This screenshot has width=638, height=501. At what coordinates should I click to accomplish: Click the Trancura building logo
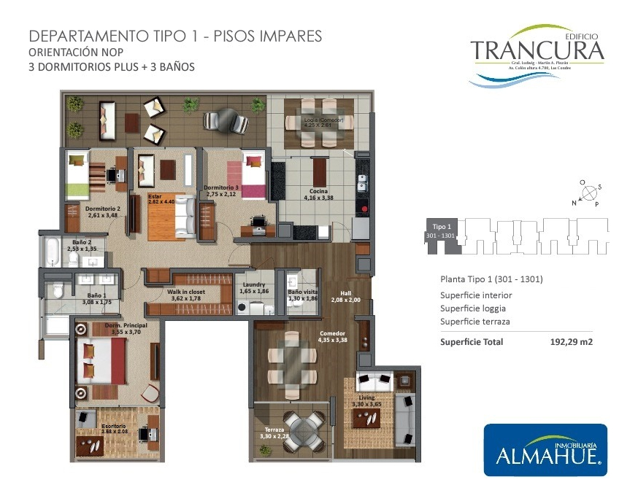tap(537, 53)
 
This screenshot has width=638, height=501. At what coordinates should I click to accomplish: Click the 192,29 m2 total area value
tap(570, 341)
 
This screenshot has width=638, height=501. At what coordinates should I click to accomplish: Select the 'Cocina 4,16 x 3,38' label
tap(318, 194)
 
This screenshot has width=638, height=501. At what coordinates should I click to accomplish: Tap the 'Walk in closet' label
tap(186, 294)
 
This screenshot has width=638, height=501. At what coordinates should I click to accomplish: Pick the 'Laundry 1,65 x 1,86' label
tap(254, 288)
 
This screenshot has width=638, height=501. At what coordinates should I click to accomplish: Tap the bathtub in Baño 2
tap(50, 252)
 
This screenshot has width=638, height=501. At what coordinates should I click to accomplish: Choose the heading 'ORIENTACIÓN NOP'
tap(75, 52)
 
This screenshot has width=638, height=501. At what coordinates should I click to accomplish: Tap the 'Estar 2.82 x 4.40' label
tap(161, 198)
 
